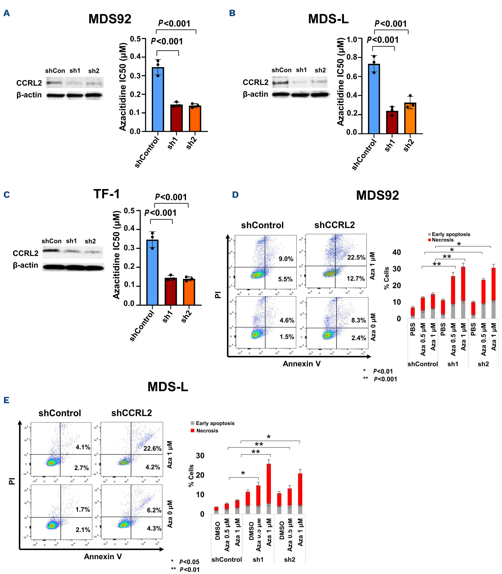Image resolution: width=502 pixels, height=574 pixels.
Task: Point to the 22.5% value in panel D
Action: click(x=356, y=257)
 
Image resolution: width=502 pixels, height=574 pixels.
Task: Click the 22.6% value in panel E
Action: click(x=152, y=448)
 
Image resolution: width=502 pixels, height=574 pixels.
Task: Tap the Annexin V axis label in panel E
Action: click(x=103, y=556)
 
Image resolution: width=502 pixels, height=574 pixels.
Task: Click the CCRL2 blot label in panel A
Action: click(x=29, y=83)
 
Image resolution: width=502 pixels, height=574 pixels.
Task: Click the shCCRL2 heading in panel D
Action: click(x=334, y=225)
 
